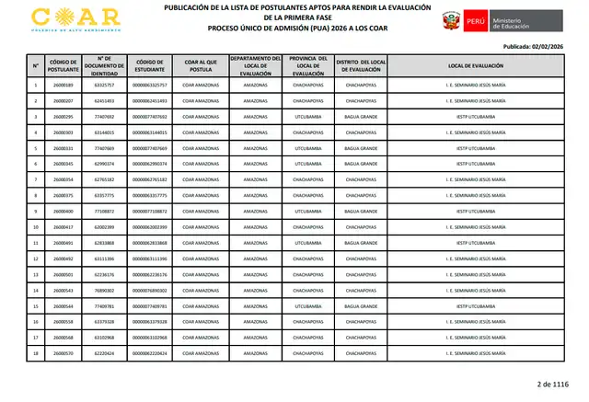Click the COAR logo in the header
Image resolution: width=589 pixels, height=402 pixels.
coord(75,18)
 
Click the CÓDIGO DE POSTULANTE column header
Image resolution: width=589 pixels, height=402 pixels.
coord(63,66)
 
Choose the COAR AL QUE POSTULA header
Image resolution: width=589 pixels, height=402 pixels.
coord(201,66)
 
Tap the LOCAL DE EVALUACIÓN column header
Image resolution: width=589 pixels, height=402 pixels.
coord(476,66)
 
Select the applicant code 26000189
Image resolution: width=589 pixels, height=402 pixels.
coord(63,86)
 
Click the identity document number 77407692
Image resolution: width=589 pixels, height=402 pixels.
coord(104,117)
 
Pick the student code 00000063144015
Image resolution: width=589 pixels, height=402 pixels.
coord(150,132)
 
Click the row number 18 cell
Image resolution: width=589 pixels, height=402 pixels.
coord(35,352)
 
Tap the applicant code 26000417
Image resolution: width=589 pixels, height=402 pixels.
coord(63,226)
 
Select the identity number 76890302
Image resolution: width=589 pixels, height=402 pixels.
coord(104,290)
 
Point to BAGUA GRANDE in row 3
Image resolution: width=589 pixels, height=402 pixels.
coord(361,117)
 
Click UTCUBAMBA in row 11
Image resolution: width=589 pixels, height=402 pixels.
coord(307,243)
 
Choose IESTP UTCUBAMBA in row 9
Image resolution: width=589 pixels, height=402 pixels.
coord(476,211)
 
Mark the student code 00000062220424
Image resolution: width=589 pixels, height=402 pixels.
coord(150,352)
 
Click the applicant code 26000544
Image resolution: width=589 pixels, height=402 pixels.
coord(63,305)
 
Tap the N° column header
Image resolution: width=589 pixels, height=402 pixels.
coord(35,66)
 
